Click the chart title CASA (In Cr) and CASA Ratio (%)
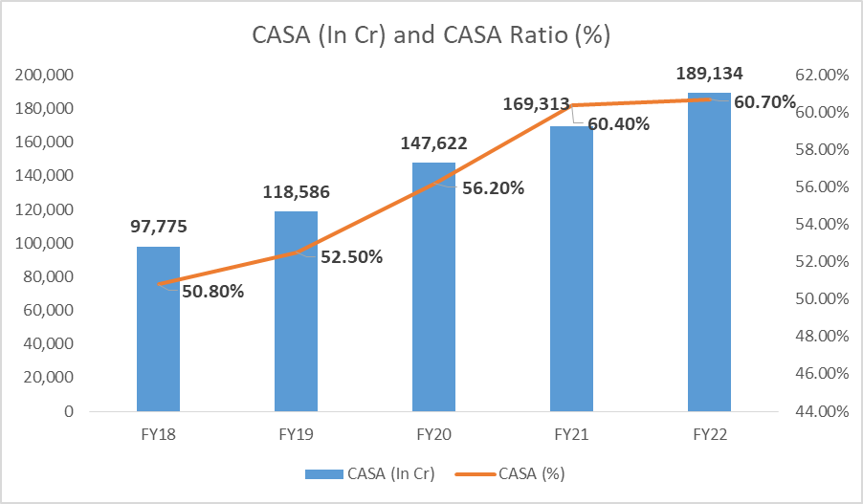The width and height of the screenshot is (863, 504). (x=431, y=35)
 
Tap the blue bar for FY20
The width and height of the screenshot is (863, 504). (x=433, y=287)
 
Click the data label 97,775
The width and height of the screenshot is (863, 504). (x=158, y=227)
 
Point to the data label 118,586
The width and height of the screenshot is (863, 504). (x=296, y=191)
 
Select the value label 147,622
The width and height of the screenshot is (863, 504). (x=433, y=143)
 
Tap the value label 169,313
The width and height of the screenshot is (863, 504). (x=536, y=103)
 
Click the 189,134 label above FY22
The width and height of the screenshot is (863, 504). (x=709, y=73)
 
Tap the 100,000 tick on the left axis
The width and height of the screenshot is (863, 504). (x=47, y=244)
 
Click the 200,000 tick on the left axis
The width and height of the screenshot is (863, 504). (x=47, y=76)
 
